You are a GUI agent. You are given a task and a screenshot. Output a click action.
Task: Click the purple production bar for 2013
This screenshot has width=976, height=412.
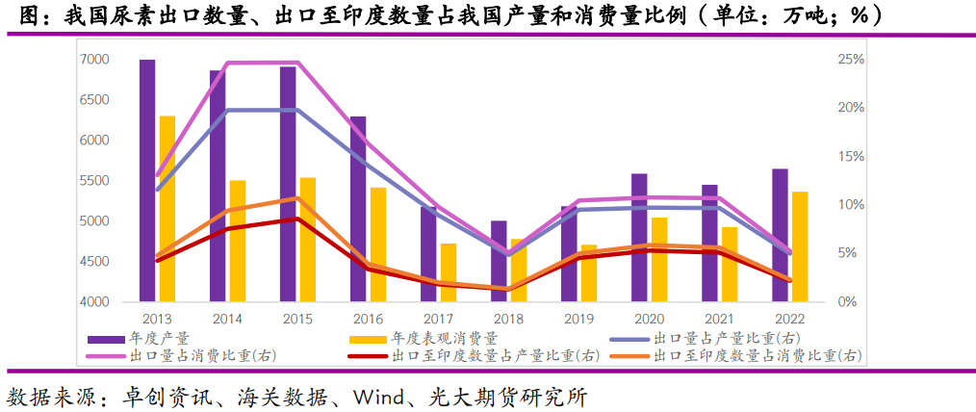pyautogui.click(x=147, y=181)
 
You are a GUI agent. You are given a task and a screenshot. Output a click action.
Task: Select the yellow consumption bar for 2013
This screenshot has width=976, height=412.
pyautogui.click(x=167, y=209)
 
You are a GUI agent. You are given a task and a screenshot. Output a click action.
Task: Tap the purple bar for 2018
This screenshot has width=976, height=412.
pyautogui.click(x=499, y=261)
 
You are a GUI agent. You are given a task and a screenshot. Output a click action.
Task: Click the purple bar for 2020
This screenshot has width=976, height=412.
pyautogui.click(x=639, y=238)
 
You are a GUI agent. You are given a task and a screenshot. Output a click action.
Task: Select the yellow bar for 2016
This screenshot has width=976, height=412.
pyautogui.click(x=378, y=245)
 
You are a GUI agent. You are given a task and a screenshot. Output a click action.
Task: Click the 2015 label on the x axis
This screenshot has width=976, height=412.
pyautogui.click(x=297, y=319)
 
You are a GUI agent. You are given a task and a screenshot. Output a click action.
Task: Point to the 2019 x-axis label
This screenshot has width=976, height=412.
pyautogui.click(x=578, y=319)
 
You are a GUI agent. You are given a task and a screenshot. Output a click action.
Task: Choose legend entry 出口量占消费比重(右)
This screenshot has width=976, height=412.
pyautogui.click(x=201, y=355)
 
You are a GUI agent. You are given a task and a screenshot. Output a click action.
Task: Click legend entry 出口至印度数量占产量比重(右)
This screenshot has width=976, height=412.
pyautogui.click(x=495, y=355)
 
